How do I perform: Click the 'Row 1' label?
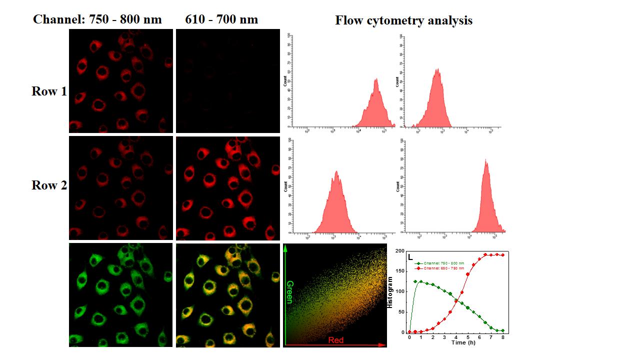49,91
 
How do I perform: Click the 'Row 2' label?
49,185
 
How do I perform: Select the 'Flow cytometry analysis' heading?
403,20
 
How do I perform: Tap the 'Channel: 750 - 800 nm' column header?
97,20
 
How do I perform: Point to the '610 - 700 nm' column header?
221,20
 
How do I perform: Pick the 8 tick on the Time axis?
502,337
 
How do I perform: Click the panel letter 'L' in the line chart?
410,257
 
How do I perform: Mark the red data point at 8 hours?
502,255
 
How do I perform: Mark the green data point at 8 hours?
502,330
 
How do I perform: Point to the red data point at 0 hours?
409,331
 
